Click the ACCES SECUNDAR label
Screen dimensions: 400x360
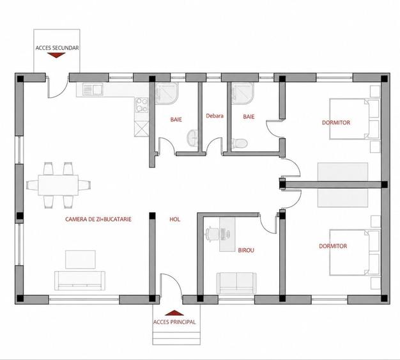pyautogui.click(x=57, y=48)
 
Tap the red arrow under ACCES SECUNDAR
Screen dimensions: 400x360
pyautogui.click(x=56, y=55)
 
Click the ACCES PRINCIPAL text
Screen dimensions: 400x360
pyautogui.click(x=174, y=322)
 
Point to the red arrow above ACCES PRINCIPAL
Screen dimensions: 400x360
pyautogui.click(x=174, y=313)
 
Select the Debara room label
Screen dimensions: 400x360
pyautogui.click(x=215, y=116)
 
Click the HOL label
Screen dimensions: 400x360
pyautogui.click(x=174, y=219)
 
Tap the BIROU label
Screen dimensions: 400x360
pyautogui.click(x=246, y=250)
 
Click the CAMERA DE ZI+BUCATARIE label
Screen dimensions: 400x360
pyautogui.click(x=98, y=219)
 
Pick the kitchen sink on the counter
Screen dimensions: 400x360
pyautogui.click(x=93, y=90)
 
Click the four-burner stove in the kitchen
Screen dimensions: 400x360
pyautogui.click(x=142, y=106)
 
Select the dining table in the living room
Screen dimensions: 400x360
pyautogui.click(x=58, y=185)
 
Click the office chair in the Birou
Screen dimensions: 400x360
pyautogui.click(x=212, y=233)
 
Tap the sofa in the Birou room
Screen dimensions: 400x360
pyautogui.click(x=236, y=283)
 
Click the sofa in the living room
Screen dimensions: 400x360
pyautogui.click(x=80, y=280)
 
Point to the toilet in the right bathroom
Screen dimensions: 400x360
pyautogui.click(x=239, y=143)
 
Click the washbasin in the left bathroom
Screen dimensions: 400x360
pyautogui.click(x=192, y=138)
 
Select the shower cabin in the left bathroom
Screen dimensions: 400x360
pyautogui.click(x=167, y=93)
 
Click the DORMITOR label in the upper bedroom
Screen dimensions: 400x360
pyautogui.click(x=336, y=123)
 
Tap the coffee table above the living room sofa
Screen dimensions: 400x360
pyautogui.click(x=81, y=260)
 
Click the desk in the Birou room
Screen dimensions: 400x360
pyautogui.click(x=227, y=235)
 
